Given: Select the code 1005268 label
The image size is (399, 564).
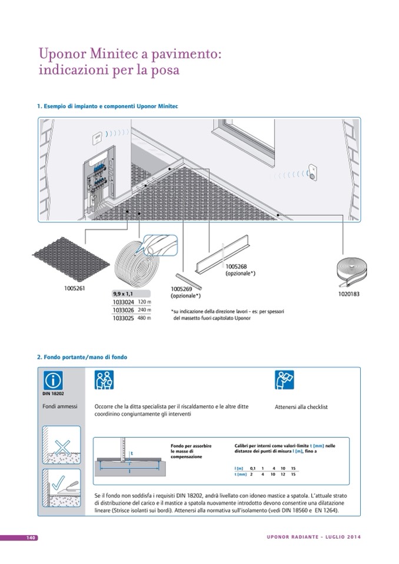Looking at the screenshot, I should point(235,266).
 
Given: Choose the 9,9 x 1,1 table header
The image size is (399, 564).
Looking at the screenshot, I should point(124,293).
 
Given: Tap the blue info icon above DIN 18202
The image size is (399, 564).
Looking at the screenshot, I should point(55,380).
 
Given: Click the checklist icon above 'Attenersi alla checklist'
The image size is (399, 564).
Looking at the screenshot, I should point(285,380).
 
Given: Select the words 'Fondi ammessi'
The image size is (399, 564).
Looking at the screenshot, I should point(60,406).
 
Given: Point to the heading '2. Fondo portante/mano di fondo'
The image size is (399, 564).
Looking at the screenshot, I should point(82,357).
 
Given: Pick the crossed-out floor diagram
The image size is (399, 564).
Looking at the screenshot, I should point(60,445).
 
